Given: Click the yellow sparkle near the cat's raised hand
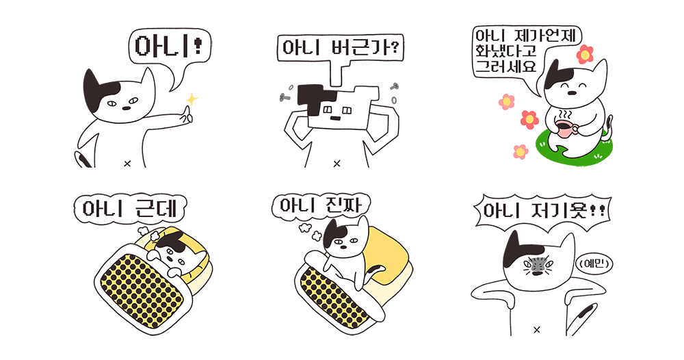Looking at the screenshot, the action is (192, 99).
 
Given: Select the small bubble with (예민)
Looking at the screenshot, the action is (595, 263).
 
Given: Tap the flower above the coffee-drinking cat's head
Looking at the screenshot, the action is (585, 55).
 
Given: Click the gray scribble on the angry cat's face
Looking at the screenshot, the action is (536, 265).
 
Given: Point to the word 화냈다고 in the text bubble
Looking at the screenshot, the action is (506, 51).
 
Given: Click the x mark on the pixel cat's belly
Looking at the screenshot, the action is (337, 164).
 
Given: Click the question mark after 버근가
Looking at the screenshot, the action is (395, 47).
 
